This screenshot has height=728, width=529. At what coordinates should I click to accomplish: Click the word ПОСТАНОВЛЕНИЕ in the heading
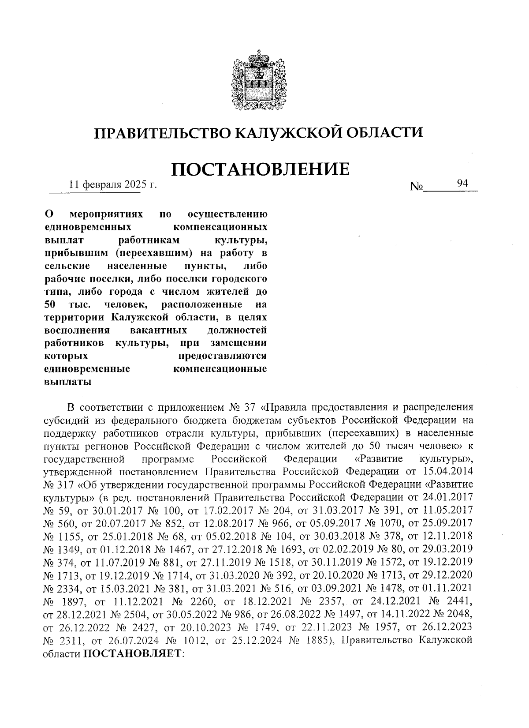pos(260,170)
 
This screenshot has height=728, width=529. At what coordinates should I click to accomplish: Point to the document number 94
pos(462,183)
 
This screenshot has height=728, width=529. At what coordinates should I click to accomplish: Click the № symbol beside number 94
pos(416,187)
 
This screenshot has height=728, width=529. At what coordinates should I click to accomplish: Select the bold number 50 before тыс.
pos(52,304)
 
